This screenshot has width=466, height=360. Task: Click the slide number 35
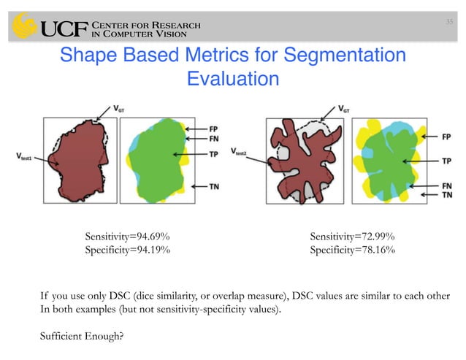point(449,21)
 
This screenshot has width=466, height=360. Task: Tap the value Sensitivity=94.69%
point(129,237)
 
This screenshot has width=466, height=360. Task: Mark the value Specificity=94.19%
point(128,250)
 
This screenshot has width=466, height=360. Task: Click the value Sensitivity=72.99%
point(353,237)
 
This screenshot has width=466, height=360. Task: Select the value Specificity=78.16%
point(353,250)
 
